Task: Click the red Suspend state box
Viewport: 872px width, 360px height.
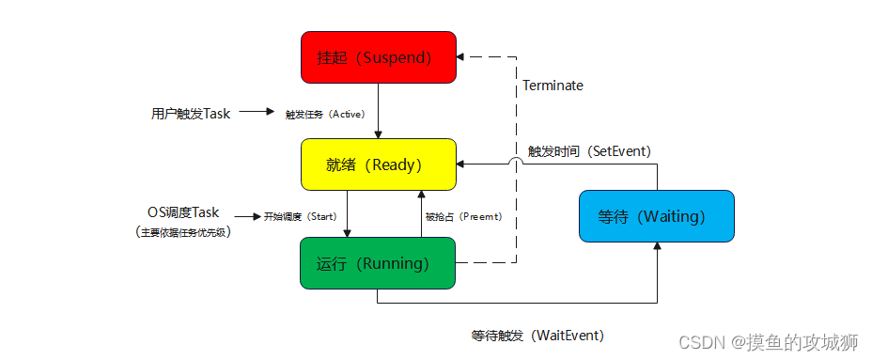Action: [379, 57]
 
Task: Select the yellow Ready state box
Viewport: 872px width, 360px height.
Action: [379, 164]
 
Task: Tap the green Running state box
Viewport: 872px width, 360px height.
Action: [378, 263]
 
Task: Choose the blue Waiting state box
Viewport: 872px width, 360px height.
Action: [657, 216]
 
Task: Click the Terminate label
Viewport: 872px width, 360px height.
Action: [553, 86]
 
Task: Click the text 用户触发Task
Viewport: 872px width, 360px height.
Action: [190, 114]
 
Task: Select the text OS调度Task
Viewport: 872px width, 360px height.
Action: [183, 212]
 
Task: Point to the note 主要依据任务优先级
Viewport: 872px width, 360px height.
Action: [183, 232]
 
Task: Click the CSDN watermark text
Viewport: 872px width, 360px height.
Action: [769, 342]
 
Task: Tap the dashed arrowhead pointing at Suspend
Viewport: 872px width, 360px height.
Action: [460, 56]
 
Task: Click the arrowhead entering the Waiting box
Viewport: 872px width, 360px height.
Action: [658, 246]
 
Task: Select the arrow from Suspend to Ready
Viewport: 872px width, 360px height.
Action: [378, 111]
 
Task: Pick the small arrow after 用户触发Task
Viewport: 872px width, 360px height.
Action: [257, 111]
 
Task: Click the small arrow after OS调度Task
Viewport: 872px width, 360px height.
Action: [247, 216]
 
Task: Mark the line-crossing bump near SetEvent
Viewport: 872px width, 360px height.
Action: [517, 161]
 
